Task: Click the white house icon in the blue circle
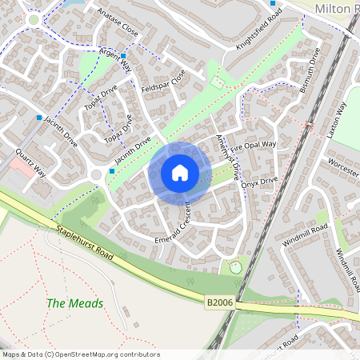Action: click(180, 173)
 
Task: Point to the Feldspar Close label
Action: click(162, 80)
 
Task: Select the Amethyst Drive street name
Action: click(229, 158)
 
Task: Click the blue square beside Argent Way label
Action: click(124, 57)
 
